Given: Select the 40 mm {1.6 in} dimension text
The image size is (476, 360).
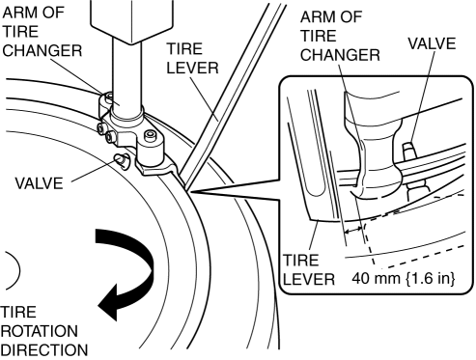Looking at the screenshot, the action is (404, 278).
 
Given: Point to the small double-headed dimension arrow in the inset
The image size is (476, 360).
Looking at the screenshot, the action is (352, 231).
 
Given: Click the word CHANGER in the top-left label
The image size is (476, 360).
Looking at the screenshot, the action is (42, 51).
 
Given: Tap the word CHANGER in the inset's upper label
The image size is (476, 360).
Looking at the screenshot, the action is (340, 55).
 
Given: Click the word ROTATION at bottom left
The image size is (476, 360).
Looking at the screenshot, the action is (40, 331).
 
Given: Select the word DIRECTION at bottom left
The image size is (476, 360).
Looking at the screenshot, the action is (44, 350).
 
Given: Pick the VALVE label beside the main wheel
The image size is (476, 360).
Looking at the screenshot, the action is (39, 183).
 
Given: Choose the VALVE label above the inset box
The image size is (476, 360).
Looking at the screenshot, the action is (432, 43).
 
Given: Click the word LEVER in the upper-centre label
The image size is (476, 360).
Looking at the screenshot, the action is (192, 69).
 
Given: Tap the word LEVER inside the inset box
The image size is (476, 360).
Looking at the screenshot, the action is (309, 279).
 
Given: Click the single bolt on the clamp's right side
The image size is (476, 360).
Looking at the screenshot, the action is (150, 135).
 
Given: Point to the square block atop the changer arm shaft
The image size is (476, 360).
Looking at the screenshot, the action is (131, 21).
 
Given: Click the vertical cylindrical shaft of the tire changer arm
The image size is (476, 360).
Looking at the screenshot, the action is (126, 75).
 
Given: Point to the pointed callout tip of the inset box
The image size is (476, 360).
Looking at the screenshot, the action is (190, 192).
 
